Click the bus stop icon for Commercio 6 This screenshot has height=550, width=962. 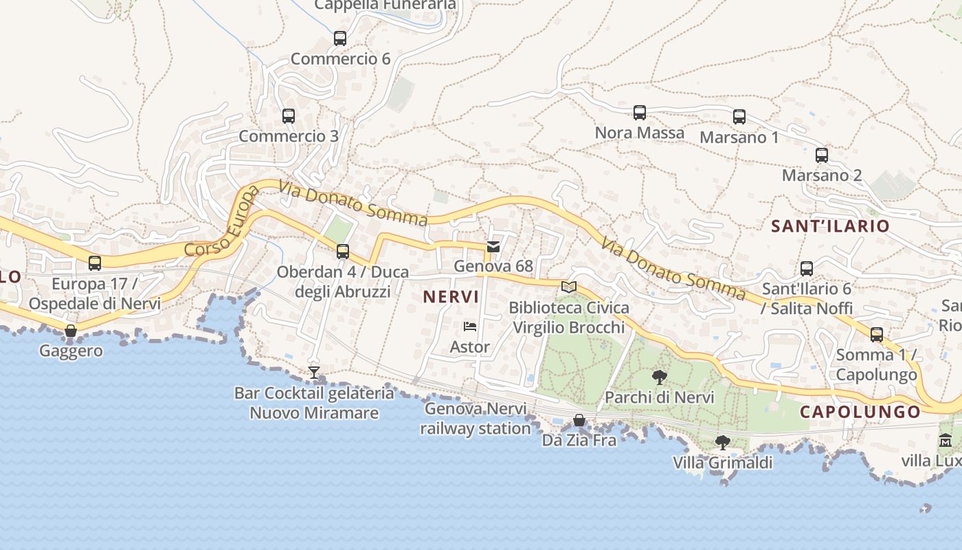pyautogui.click(x=340, y=38)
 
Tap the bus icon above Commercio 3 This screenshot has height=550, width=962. pyautogui.click(x=289, y=116)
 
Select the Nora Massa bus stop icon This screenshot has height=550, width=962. pyautogui.click(x=640, y=113)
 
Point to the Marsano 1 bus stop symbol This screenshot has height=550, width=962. pyautogui.click(x=739, y=117)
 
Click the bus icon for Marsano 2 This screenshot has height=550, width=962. pyautogui.click(x=822, y=155)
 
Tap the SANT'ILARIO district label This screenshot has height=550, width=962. pyautogui.click(x=830, y=225)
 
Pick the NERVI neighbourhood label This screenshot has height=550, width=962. pyautogui.click(x=451, y=297)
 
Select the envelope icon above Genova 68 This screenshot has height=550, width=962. pyautogui.click(x=493, y=247)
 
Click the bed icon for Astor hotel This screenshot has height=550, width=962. pyautogui.click(x=470, y=327)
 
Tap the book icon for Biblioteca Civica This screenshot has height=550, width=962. pyautogui.click(x=568, y=287)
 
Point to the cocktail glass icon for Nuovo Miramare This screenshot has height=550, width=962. pyautogui.click(x=314, y=373)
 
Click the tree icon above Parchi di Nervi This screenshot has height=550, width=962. pyautogui.click(x=660, y=377)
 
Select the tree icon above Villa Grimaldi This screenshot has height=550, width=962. pyautogui.click(x=722, y=443)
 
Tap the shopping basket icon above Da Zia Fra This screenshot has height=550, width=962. pyautogui.click(x=579, y=420)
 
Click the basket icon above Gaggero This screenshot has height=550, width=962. pyautogui.click(x=71, y=331)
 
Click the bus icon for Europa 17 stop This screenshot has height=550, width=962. pyautogui.click(x=95, y=263)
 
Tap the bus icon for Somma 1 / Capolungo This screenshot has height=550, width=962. pyautogui.click(x=877, y=335)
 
